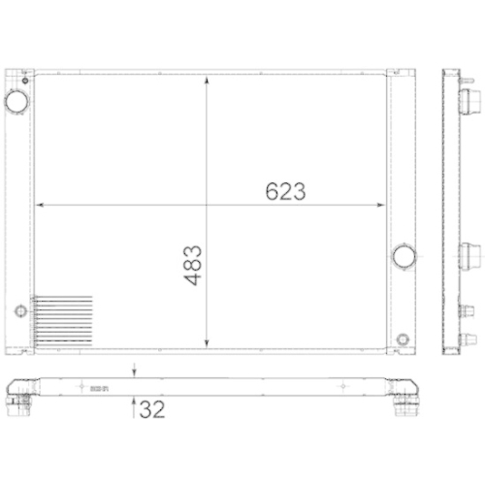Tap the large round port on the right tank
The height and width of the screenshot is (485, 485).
point(403,257)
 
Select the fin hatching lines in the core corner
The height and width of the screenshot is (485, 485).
point(62,321)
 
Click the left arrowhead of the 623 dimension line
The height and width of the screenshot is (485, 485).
point(40,205)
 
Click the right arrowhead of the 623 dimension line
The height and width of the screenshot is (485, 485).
point(382,205)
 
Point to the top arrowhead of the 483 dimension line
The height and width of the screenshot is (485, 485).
point(207,80)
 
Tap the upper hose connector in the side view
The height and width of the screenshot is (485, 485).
point(473,99)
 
